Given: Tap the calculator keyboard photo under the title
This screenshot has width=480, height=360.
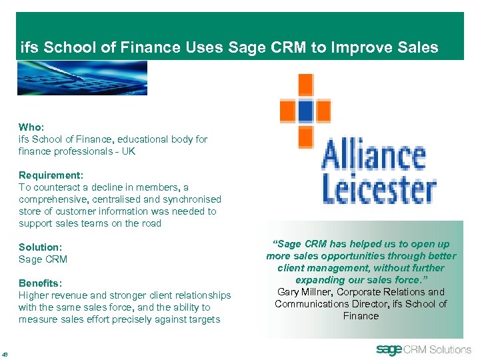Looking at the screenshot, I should point(82,77).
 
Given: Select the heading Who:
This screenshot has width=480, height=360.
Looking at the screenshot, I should point(30,127).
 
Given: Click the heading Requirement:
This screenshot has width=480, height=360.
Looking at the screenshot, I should point(51,175).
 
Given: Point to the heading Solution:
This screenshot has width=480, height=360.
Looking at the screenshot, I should point(40,247).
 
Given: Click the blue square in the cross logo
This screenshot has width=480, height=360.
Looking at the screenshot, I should point(305,110).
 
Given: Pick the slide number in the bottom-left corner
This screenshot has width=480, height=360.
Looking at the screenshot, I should point(5,354).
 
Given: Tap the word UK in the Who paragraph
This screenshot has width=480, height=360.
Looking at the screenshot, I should point(128,151).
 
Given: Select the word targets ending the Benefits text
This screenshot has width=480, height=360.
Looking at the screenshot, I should point(204,319).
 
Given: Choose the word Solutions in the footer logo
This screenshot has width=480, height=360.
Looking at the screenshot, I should point(450,349).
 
